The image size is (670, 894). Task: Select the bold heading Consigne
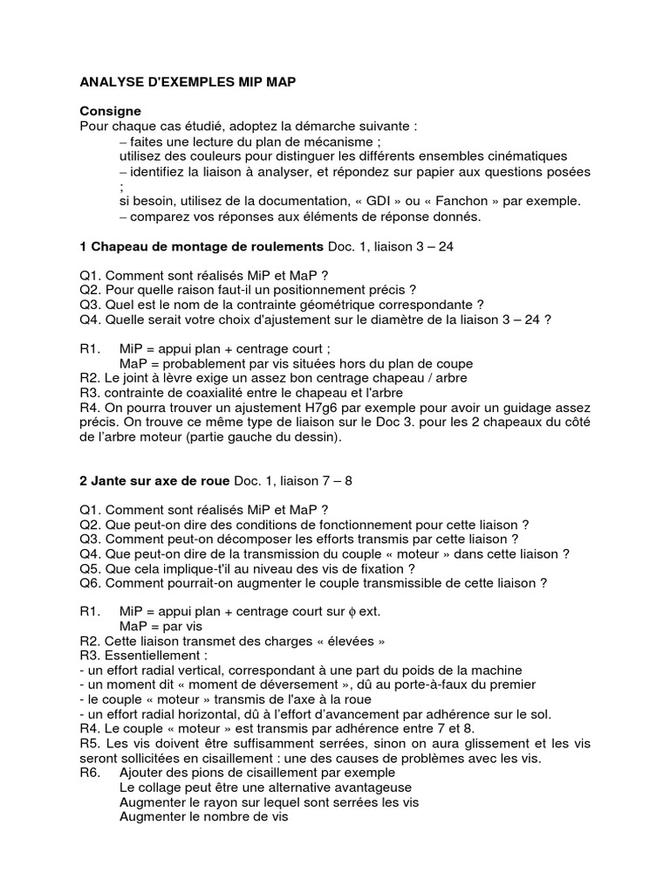point(110,112)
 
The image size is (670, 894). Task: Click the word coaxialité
point(202,393)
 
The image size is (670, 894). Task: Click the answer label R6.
point(90,774)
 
